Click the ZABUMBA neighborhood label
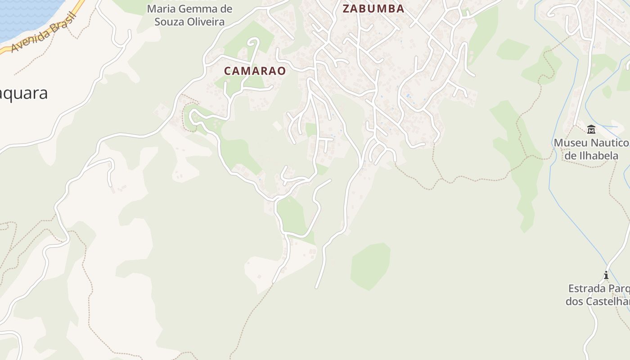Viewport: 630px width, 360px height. click(x=373, y=9)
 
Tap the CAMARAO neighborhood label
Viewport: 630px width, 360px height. click(x=255, y=71)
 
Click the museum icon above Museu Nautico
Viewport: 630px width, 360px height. click(x=591, y=130)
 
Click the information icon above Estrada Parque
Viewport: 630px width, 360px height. click(x=606, y=275)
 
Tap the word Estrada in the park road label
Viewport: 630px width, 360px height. click(x=586, y=288)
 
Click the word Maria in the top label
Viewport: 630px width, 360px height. click(x=162, y=9)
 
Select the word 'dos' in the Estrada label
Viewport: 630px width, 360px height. click(x=574, y=301)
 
